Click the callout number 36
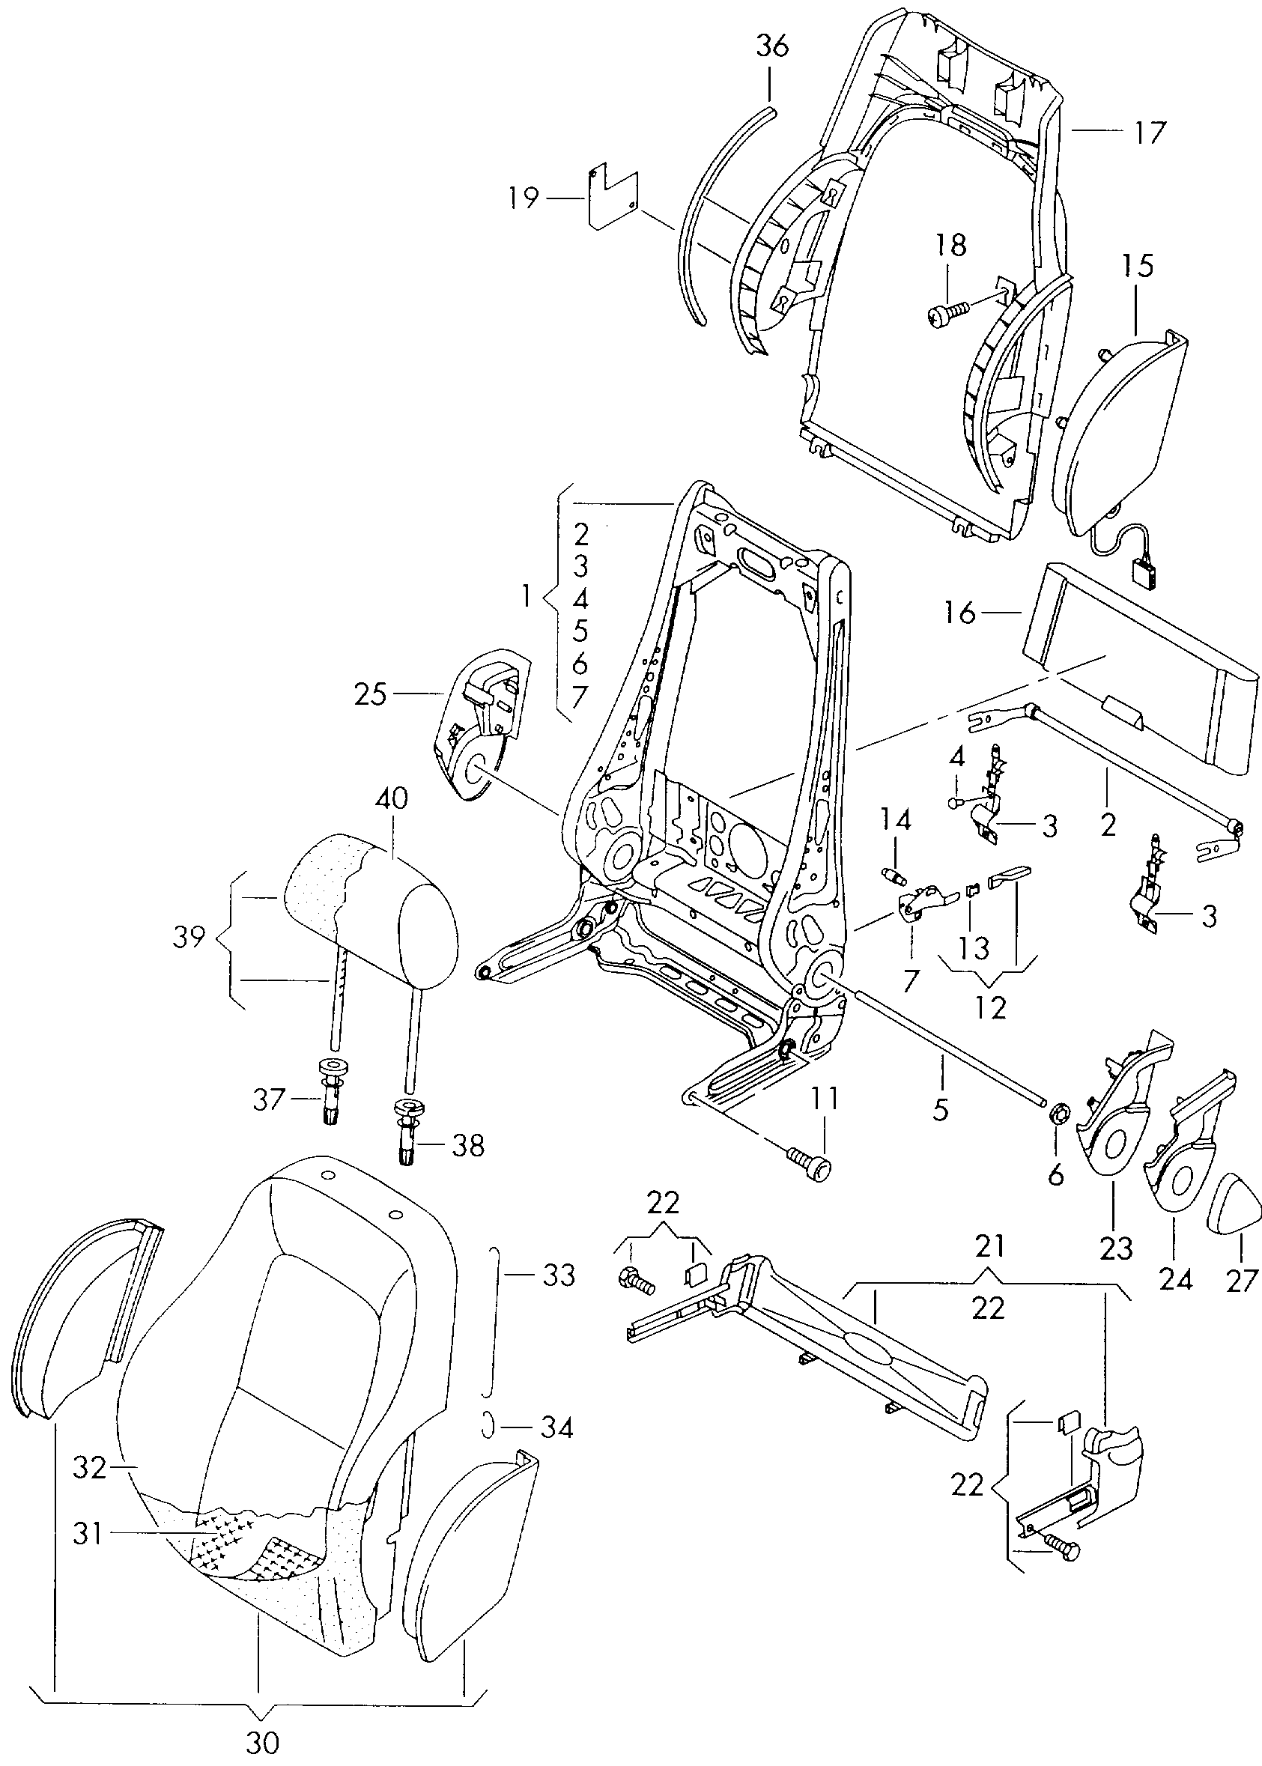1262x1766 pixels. [x=772, y=46]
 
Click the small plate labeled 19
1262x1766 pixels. [x=613, y=196]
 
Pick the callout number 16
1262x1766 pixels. [x=960, y=613]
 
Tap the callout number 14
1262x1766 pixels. [x=894, y=819]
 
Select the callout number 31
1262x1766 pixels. [x=88, y=1535]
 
